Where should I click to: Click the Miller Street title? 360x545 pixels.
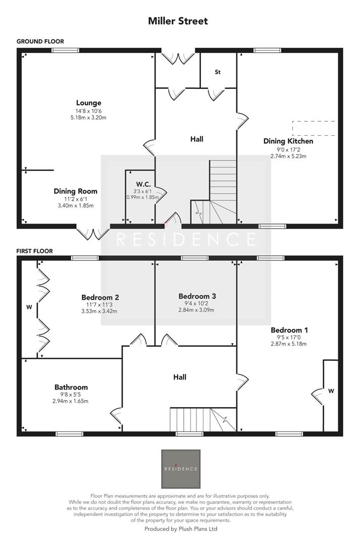point(178,21)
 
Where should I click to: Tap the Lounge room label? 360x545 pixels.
point(89,103)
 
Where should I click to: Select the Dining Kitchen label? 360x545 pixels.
point(288,141)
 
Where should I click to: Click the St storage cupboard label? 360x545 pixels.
point(218,72)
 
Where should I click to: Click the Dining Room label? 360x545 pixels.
point(76,191)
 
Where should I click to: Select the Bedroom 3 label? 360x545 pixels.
point(197,296)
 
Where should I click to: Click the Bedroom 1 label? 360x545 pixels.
point(289,330)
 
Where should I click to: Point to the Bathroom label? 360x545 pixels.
point(72,388)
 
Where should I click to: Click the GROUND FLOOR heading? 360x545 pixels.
point(40,41)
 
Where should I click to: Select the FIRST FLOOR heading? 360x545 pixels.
point(34,251)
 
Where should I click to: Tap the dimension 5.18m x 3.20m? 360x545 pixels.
point(89,118)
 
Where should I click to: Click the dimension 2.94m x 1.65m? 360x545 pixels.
point(72,402)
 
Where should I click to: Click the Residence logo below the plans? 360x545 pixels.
point(180,469)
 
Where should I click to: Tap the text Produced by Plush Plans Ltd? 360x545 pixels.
point(181,529)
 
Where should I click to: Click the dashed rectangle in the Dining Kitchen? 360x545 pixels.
point(314,128)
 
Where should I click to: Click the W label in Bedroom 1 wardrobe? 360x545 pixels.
point(331,391)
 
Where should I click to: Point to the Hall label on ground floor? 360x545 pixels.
point(197,139)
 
